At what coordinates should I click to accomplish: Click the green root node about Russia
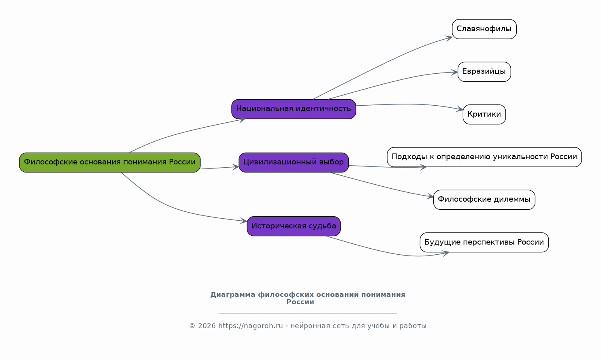pos(110,162)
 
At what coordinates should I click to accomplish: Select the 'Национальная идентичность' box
pos(294,109)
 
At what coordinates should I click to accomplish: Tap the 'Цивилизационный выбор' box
pos(294,162)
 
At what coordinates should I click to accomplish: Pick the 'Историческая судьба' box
pos(294,226)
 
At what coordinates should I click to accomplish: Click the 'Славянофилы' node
pos(484,29)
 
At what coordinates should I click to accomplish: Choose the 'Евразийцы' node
pos(484,72)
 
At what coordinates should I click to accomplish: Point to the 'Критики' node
pos(484,115)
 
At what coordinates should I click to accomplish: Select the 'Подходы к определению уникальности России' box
pos(484,157)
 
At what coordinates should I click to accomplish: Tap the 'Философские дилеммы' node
pos(484,200)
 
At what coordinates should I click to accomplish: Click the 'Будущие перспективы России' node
pos(484,242)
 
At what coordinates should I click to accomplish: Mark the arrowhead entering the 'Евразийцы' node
pos(455,73)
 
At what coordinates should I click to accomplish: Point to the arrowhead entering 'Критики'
pos(460,109)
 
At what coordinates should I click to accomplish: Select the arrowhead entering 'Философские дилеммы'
pos(431,197)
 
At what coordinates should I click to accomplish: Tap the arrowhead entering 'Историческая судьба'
pos(244,221)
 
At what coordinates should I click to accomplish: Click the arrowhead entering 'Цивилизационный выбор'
pos(236,167)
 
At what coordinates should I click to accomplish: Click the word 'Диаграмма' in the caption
pos(232,295)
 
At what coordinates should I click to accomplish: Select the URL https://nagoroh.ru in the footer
pos(250,326)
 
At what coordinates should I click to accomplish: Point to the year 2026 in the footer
pos(207,326)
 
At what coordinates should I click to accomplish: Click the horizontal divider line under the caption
pos(308,313)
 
